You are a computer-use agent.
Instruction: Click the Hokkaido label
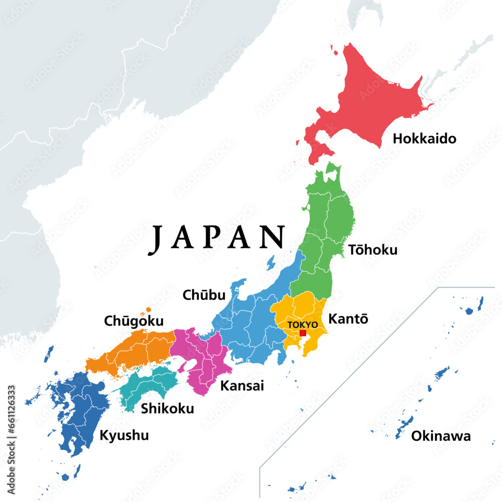click(x=424, y=139)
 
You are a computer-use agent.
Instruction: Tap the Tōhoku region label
click(x=372, y=249)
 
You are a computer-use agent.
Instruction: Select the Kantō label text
click(x=348, y=319)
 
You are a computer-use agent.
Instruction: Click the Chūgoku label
click(x=134, y=320)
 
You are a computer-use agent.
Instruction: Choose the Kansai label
click(x=242, y=386)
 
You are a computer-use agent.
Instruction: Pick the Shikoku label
click(x=167, y=409)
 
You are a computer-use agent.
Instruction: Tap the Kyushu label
click(x=124, y=435)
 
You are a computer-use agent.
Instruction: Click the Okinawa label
click(x=441, y=436)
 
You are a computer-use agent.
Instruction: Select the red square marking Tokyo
click(x=303, y=333)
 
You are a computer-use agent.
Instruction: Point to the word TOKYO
click(x=302, y=325)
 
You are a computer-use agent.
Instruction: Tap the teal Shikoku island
click(x=151, y=384)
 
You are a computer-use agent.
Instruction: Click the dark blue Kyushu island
click(x=80, y=412)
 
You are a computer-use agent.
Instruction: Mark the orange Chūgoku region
click(x=136, y=349)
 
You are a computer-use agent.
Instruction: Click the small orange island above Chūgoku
click(x=148, y=309)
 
